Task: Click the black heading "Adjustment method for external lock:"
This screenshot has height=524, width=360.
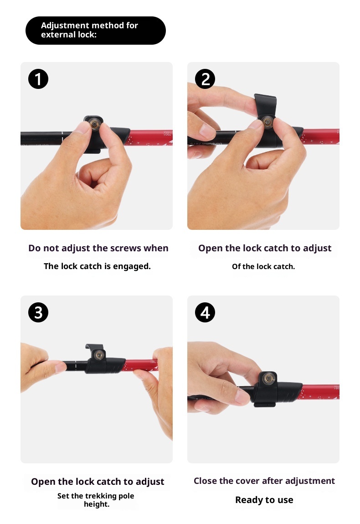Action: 96,31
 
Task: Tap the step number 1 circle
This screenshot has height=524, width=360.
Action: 38,79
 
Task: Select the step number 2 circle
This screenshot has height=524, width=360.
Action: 205,79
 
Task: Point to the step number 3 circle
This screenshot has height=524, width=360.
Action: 38,312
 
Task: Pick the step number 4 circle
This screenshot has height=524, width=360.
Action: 205,312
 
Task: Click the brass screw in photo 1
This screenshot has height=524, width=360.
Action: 94,125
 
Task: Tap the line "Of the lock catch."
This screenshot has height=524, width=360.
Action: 263,266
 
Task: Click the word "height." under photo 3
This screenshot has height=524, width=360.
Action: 97,504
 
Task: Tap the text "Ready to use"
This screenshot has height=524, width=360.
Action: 264,500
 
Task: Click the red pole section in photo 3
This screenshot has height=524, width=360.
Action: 139,365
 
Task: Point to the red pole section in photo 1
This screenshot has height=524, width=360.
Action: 150,137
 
